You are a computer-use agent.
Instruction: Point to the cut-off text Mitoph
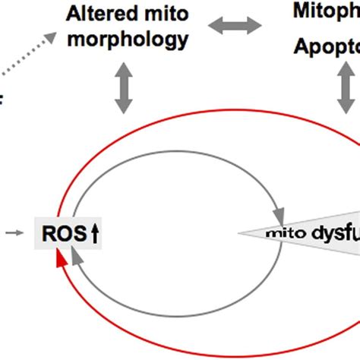[x=326, y=10]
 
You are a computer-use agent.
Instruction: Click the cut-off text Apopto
[x=327, y=49]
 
